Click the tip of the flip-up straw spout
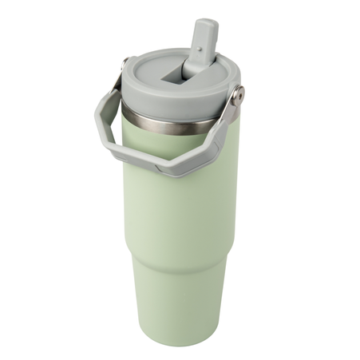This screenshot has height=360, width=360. coord(206,25)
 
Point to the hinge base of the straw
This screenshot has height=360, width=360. coord(192,70)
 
